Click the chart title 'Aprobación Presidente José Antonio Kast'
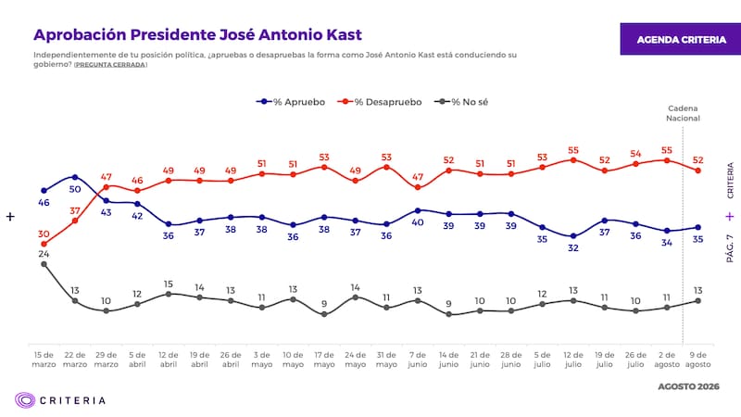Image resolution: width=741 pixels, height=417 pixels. click(197, 35)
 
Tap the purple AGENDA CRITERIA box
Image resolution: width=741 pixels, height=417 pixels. click(681, 39)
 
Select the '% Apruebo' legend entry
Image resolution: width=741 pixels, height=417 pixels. click(291, 102)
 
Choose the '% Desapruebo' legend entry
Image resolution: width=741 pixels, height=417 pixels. click(380, 102)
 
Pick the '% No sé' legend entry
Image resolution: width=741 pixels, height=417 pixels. click(461, 102)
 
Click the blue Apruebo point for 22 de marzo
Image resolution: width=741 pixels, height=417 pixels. click(75, 177)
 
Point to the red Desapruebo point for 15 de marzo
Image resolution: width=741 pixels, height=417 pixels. click(44, 244)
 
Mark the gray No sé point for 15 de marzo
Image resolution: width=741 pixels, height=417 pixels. click(44, 264)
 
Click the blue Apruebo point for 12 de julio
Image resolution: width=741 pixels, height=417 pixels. click(573, 236)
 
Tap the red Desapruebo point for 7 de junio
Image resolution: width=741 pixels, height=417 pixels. click(418, 187)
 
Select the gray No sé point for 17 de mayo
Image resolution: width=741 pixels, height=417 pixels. click(324, 314)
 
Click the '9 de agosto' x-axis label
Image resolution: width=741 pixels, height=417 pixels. click(698, 360)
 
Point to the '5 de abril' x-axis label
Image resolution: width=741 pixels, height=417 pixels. click(137, 360)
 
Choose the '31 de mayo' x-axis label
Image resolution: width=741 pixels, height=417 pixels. click(386, 360)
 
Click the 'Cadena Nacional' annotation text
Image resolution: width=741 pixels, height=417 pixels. click(683, 113)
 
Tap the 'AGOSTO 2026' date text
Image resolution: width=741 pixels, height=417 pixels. click(688, 386)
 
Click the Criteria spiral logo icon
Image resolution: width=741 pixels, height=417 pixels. click(25, 400)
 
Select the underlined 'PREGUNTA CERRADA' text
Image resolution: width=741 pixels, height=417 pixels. click(110, 65)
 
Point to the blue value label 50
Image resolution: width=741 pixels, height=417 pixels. click(75, 189)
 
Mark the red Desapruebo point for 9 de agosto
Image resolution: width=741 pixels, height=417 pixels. click(698, 171)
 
